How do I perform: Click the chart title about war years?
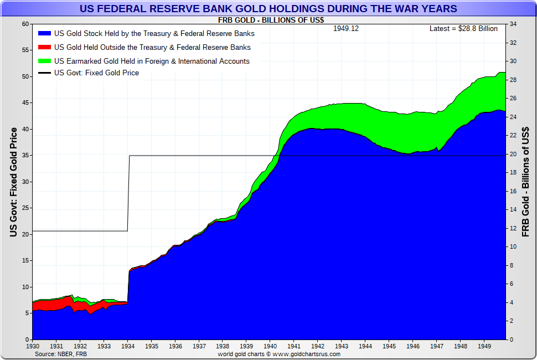click(268, 9)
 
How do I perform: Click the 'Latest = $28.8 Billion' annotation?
click(463, 29)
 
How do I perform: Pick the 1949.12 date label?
click(345, 29)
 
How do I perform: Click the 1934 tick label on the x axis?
click(128, 346)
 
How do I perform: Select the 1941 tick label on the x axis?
click(293, 346)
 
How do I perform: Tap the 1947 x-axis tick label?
click(436, 346)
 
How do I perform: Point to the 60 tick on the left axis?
click(25, 24)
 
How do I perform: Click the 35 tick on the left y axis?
click(25, 156)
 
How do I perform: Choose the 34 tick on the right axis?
click(513, 24)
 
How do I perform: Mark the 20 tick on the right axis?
click(513, 155)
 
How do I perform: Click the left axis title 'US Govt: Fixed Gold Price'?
click(13, 182)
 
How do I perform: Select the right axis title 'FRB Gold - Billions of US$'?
click(526, 182)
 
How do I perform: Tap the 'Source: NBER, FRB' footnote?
click(61, 353)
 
